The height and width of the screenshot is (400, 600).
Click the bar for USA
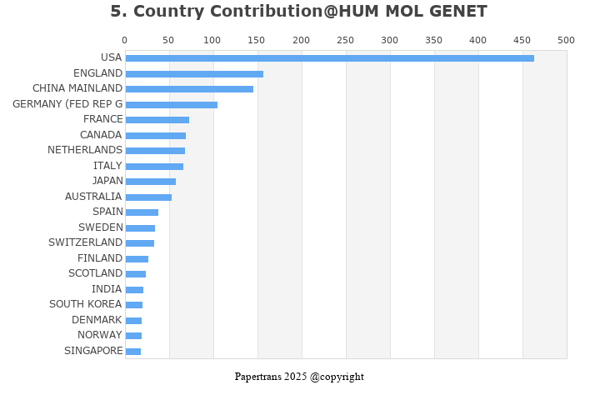click(x=329, y=58)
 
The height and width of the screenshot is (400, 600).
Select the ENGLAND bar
click(x=194, y=74)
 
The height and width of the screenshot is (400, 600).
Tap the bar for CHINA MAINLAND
click(x=189, y=89)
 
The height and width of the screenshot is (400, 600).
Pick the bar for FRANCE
click(x=157, y=120)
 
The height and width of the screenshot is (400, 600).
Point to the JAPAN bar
click(x=150, y=182)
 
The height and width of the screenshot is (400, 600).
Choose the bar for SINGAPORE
click(x=132, y=352)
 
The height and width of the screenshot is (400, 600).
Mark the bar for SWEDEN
click(x=140, y=228)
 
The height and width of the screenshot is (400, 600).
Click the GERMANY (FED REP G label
click(x=67, y=104)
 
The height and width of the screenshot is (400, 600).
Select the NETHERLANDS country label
click(x=85, y=150)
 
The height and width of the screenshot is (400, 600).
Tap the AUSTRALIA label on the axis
click(x=93, y=197)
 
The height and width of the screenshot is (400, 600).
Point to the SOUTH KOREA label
click(x=85, y=304)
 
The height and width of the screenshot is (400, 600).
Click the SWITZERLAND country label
click(x=85, y=242)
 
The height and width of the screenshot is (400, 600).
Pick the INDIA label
click(x=107, y=289)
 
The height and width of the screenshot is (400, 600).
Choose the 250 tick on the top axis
click(x=345, y=40)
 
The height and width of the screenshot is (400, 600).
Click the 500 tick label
click(x=566, y=40)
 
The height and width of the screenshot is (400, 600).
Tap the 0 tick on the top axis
click(x=125, y=40)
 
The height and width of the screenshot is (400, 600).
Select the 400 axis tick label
click(x=477, y=40)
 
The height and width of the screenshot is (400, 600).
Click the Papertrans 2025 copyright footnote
click(x=299, y=377)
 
